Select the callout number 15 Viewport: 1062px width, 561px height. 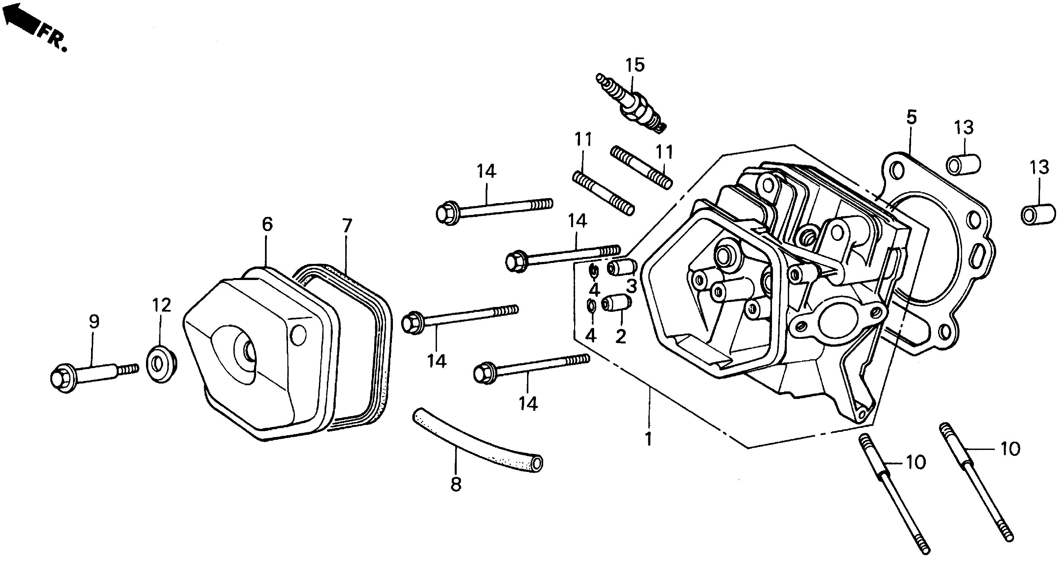coord(635,65)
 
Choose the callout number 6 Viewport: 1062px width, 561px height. coord(267,225)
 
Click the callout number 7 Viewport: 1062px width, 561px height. coord(347,226)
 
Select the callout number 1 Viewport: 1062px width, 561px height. coord(648,439)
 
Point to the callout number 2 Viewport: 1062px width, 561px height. coord(620,337)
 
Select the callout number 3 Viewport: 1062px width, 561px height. coord(631,286)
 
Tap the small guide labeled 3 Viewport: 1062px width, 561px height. coord(621,268)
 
